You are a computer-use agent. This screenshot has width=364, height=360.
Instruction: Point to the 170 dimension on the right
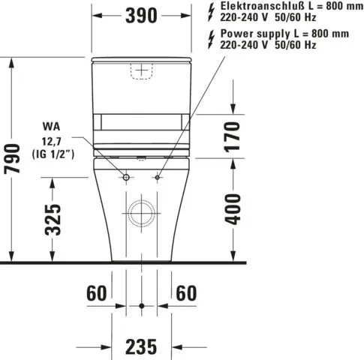pos(233,136)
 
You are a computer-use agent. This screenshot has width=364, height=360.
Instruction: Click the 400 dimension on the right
pos(233,208)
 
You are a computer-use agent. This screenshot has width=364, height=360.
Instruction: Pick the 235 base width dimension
pos(141,346)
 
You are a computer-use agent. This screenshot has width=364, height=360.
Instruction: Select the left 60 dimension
pos(98,292)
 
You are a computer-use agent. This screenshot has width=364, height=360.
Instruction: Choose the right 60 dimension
pos(187,292)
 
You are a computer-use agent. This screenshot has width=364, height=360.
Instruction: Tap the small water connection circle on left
pos(125,177)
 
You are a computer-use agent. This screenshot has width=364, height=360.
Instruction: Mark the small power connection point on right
pos(158,177)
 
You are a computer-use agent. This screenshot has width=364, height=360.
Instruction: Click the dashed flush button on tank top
pos(141,70)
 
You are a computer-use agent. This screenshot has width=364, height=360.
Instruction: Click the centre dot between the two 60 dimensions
pos(142,306)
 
